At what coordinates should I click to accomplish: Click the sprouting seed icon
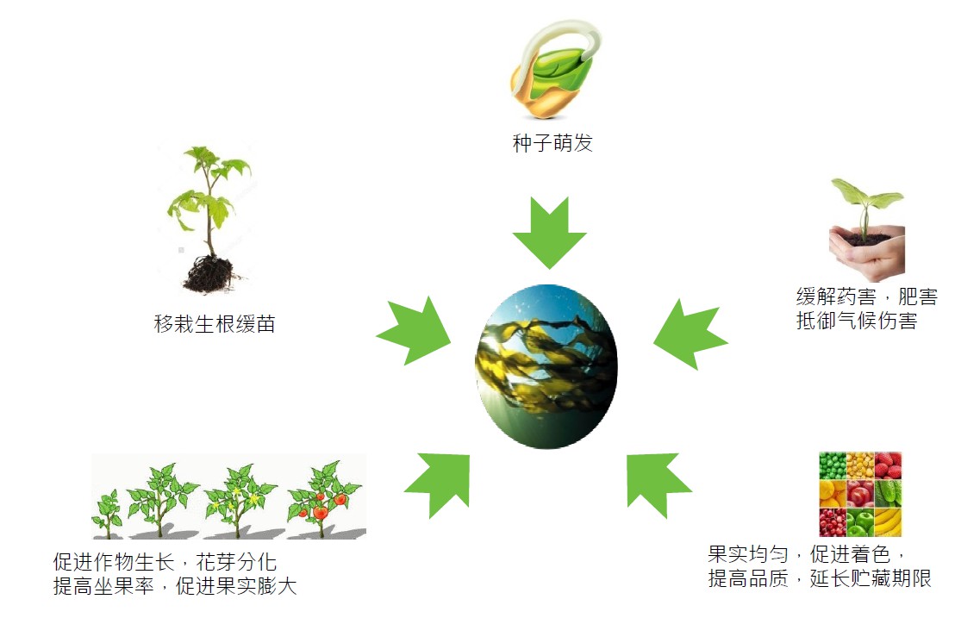point(553,69)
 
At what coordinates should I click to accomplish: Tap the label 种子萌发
point(552,143)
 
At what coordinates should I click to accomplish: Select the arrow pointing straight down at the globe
point(549,233)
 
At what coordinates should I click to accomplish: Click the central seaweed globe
point(546,367)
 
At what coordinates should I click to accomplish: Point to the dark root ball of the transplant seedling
point(208,275)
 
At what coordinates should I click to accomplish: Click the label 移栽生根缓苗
point(215,324)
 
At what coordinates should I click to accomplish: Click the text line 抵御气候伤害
point(856,321)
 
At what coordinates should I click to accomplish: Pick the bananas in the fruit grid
point(888,521)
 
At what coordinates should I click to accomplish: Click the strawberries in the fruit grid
point(888,465)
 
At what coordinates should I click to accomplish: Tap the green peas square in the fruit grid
point(833,465)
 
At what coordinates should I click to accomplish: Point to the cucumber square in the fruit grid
point(888,494)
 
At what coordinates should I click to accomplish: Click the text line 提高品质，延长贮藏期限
point(820,578)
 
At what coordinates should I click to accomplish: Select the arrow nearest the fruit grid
point(659,485)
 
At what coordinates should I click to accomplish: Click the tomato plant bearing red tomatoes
point(324,499)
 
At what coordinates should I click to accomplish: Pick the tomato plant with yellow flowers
point(240,501)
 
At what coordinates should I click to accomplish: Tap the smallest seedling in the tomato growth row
point(108,514)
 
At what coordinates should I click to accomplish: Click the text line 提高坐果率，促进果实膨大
point(174,586)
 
